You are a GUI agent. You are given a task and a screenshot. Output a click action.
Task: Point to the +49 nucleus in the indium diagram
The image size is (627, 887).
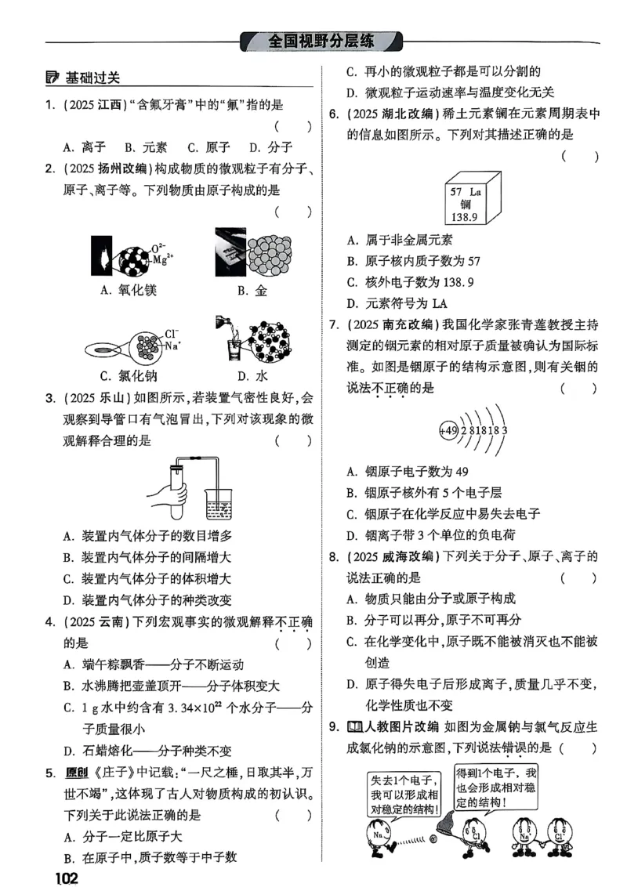(448, 430)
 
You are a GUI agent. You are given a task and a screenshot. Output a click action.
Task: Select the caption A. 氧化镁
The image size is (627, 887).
(129, 291)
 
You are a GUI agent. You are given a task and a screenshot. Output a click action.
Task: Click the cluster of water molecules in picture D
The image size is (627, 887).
(270, 340)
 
